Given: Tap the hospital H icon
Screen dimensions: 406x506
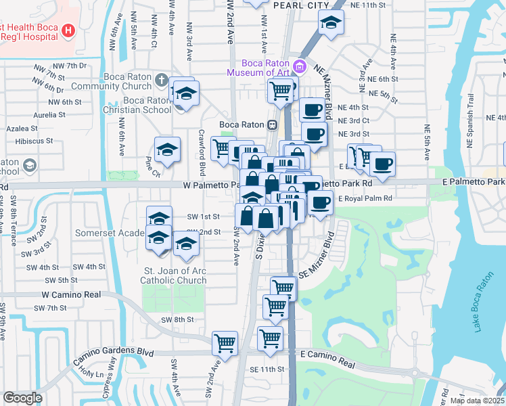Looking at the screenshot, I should (68, 30).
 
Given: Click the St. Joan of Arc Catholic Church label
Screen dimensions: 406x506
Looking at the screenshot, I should (173, 275).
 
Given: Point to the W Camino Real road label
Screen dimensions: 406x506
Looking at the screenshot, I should (71, 295).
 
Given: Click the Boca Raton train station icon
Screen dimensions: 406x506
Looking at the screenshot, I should (271, 125).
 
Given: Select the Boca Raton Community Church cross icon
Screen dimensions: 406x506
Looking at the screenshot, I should (160, 81).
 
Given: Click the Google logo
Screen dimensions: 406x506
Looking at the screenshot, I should (22, 398).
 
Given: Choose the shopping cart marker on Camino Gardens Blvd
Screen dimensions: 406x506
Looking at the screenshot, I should (225, 342).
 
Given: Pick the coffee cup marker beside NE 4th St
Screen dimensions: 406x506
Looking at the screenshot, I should (311, 110).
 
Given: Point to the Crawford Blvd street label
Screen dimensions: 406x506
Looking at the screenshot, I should (202, 153).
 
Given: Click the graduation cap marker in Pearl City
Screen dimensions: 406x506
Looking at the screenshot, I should (331, 24).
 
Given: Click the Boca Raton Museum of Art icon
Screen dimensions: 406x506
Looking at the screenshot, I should (301, 67).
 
